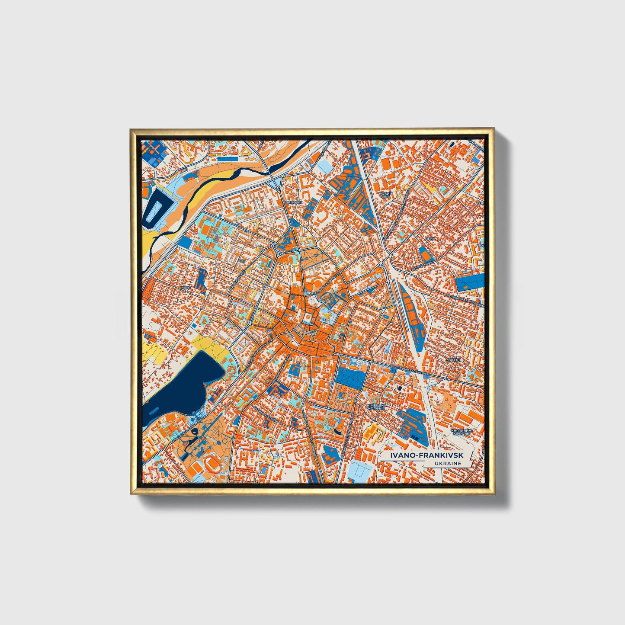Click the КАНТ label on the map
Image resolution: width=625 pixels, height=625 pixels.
pos(186,287)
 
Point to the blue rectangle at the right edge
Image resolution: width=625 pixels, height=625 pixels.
pos(469,282)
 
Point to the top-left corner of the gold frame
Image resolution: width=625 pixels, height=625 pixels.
pos(131,130)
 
